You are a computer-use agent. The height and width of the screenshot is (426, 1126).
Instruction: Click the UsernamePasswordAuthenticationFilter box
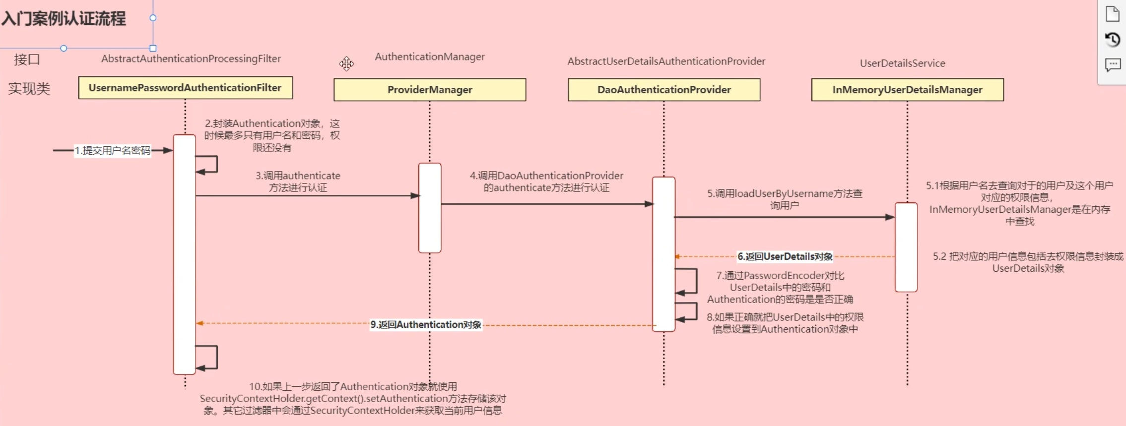coord(185,88)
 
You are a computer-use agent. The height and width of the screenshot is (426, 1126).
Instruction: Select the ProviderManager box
coord(430,90)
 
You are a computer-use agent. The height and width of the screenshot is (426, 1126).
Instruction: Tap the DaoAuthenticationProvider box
coord(664,90)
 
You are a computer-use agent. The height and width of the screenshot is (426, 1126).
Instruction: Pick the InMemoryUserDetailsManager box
coord(907,90)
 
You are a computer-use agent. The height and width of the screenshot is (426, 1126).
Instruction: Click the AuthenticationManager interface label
coord(430,57)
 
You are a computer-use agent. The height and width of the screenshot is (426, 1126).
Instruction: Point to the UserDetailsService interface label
coord(902,63)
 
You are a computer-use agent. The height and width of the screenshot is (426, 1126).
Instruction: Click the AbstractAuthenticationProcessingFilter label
coord(191,59)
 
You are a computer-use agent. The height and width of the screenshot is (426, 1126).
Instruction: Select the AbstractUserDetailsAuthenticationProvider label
coord(666,61)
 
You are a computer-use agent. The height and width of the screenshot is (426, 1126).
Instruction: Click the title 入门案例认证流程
coord(64,19)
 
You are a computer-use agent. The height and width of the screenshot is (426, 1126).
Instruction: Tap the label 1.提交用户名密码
coord(113,150)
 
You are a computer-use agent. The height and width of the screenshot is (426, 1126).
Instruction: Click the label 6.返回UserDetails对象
coord(785,256)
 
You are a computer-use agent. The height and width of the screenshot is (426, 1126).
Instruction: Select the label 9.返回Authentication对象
coord(426,324)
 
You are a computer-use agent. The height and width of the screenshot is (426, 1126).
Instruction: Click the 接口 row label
coord(27,60)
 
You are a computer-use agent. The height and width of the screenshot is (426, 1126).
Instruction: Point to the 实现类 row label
coord(29,89)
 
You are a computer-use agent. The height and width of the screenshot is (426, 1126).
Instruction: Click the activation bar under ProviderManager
coord(430,208)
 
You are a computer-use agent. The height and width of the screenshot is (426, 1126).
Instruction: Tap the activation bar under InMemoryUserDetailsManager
coord(906,247)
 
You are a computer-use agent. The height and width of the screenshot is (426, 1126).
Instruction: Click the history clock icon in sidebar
coord(1113,40)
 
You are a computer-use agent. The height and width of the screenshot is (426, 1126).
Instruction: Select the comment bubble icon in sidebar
coord(1113,64)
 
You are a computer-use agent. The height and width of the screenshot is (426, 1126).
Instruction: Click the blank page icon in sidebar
coord(1113,14)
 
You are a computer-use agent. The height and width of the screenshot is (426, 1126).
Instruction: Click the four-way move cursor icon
coord(346,63)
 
